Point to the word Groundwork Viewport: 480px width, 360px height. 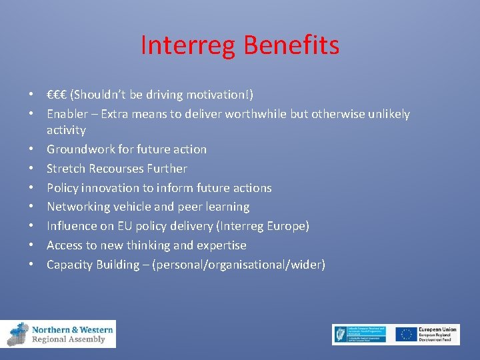click(x=79, y=149)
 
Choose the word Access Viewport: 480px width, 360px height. click(x=65, y=245)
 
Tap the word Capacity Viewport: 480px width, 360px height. click(x=70, y=265)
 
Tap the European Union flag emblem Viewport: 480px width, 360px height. click(x=406, y=335)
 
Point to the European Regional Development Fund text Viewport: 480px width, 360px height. click(x=439, y=335)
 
